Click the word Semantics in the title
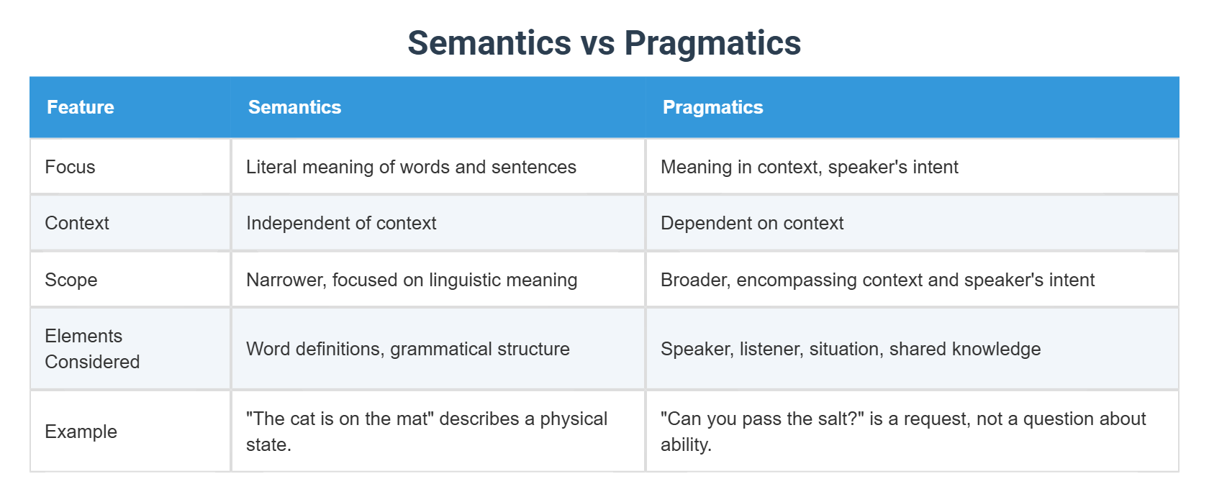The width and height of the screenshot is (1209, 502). click(489, 43)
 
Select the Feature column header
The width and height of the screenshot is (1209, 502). click(81, 107)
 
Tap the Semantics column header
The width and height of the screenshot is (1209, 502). click(294, 107)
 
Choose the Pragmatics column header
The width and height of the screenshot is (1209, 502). click(712, 107)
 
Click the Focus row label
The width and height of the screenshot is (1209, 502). click(70, 167)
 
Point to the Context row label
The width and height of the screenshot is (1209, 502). click(77, 223)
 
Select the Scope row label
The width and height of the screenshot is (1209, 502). click(71, 280)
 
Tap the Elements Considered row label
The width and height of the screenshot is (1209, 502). click(91, 349)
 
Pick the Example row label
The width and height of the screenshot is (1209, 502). click(81, 432)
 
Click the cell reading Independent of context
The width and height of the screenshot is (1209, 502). click(341, 223)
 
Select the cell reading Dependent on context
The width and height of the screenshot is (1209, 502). click(752, 223)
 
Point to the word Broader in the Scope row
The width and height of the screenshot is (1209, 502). click(694, 280)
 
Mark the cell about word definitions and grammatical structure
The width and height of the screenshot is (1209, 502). click(407, 349)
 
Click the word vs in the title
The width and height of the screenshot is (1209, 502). click(598, 43)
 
